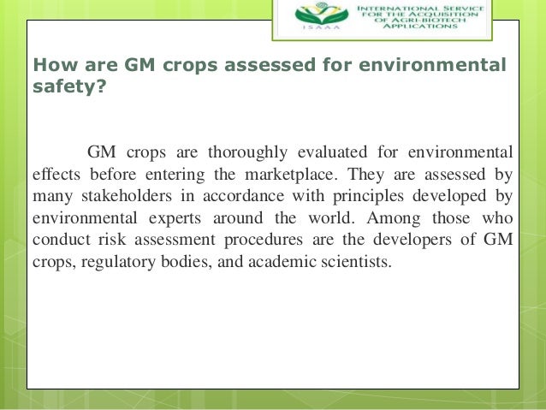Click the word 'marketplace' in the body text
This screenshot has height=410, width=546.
click(x=294, y=175)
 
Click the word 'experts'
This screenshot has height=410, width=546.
click(x=156, y=218)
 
